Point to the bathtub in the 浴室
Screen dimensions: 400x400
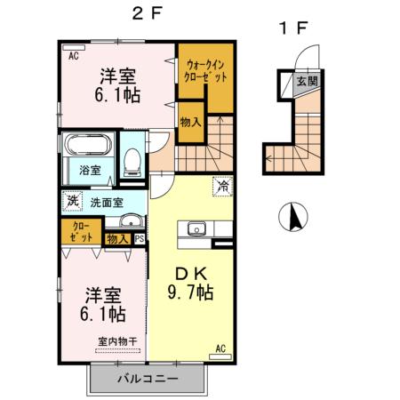(x=84, y=144)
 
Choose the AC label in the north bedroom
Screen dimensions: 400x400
(x=73, y=55)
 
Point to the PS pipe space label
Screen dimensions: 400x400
(x=139, y=238)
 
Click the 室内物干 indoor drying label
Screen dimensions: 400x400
(x=117, y=340)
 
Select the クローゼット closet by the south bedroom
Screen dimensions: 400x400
(x=81, y=233)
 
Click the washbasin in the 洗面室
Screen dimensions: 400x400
(x=132, y=221)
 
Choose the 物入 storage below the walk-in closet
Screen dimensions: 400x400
(x=189, y=122)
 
